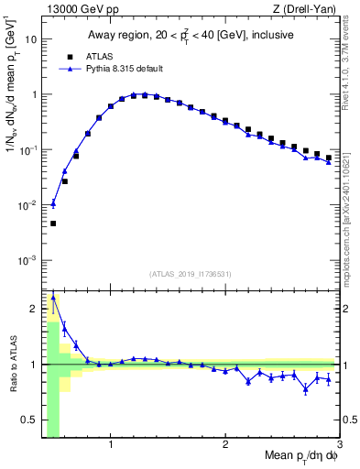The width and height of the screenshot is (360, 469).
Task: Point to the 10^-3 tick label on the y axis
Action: pyautogui.click(x=27, y=260)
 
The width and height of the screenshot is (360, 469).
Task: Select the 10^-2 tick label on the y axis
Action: pyautogui.click(x=27, y=205)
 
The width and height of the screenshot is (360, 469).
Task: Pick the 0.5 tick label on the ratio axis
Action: pyautogui.click(x=29, y=420)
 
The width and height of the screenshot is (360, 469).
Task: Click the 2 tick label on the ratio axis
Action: pyautogui.click(x=34, y=309)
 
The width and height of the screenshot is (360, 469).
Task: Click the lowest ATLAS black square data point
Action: pyautogui.click(x=53, y=224)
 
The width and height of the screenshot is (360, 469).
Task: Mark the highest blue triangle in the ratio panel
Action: pyautogui.click(x=53, y=297)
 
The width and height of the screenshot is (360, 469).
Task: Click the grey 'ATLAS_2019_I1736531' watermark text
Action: pyautogui.click(x=191, y=274)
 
